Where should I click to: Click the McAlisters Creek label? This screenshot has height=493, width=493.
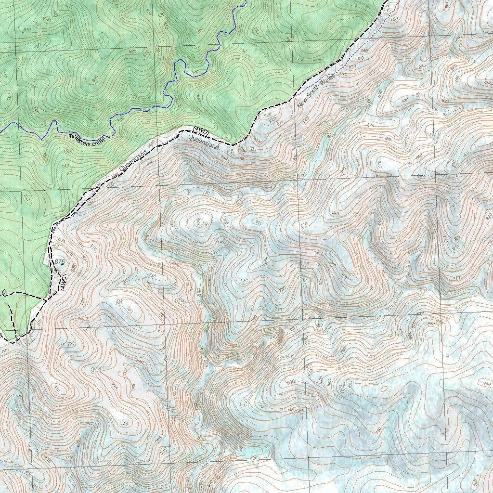click(x=87, y=139)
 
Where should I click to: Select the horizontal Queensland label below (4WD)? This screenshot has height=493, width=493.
click(x=203, y=142)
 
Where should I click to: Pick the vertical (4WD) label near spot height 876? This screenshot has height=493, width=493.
click(x=63, y=282)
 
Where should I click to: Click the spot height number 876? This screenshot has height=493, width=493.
click(x=60, y=261)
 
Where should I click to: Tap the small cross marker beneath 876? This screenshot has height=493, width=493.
click(x=62, y=265)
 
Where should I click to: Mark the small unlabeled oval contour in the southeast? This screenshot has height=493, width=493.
click(x=384, y=389)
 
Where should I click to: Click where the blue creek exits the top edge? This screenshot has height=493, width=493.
click(x=245, y=1)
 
